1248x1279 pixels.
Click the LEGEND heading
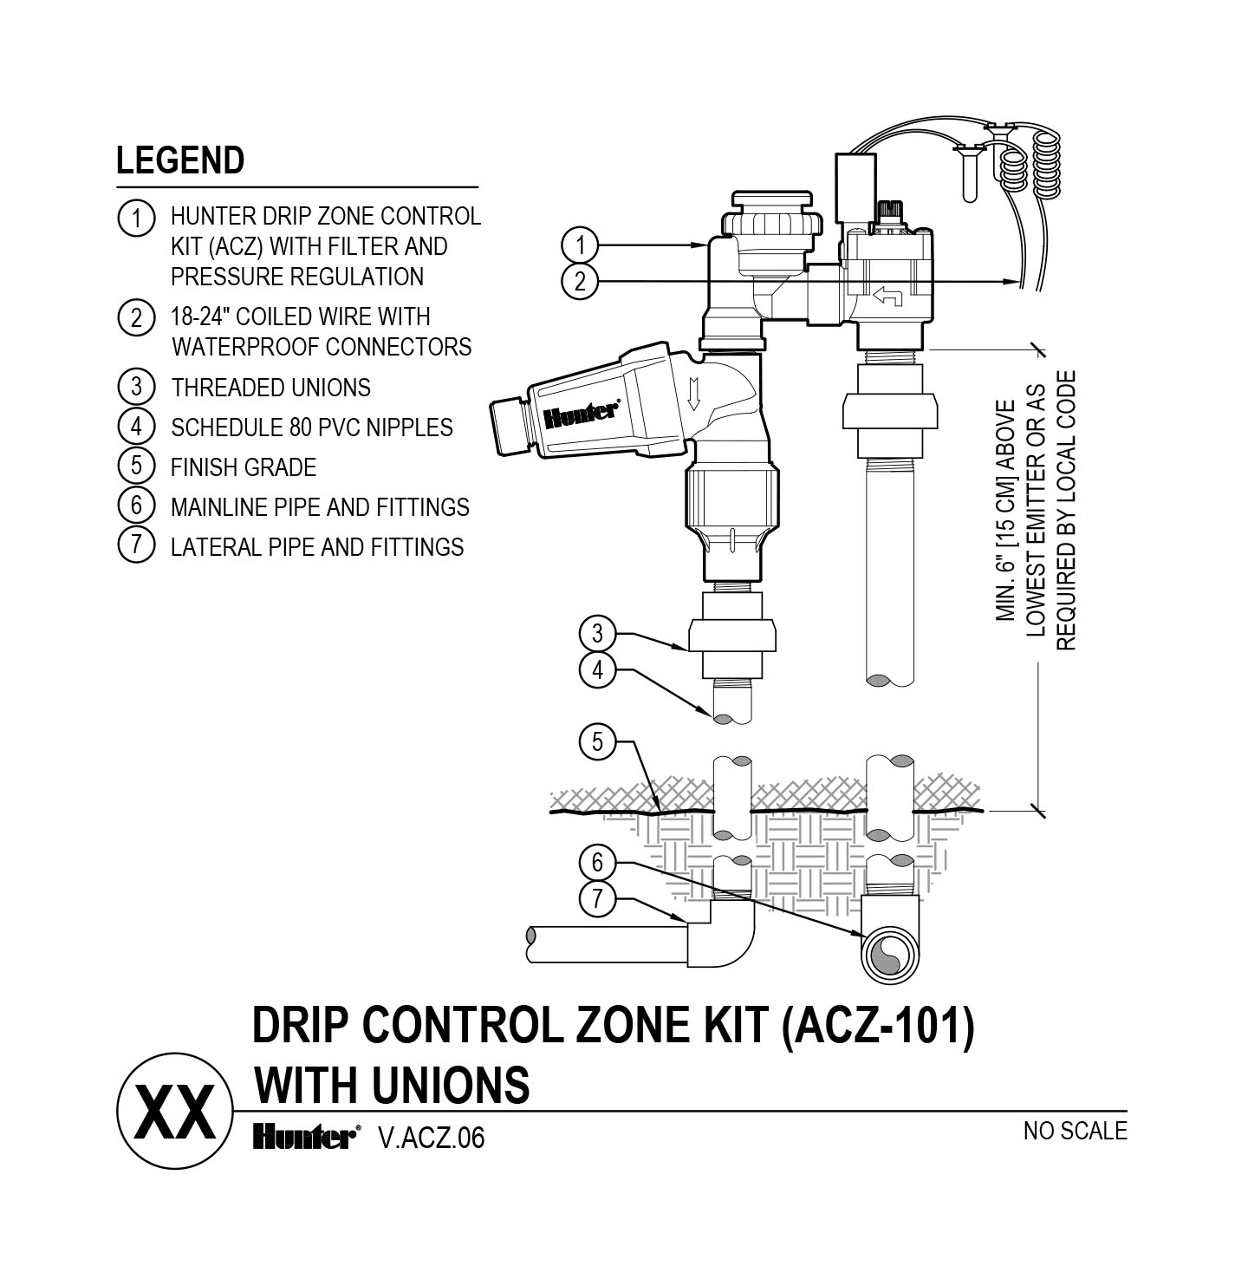coord(180,160)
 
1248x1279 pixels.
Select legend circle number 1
coord(135,217)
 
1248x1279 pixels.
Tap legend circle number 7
coord(135,545)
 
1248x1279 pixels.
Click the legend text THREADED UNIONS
coord(270,388)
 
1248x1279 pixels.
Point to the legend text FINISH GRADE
coord(243,467)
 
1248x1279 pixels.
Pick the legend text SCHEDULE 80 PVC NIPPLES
coord(311,427)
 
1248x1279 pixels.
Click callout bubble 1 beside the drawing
coord(579,245)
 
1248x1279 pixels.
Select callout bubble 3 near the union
coord(596,634)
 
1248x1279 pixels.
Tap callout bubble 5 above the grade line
coord(596,742)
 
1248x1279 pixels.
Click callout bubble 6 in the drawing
coord(596,863)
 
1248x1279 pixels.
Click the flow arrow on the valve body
coord(887,297)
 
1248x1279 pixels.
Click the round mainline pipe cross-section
coord(888,955)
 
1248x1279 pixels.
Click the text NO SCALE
coord(1075,1131)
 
